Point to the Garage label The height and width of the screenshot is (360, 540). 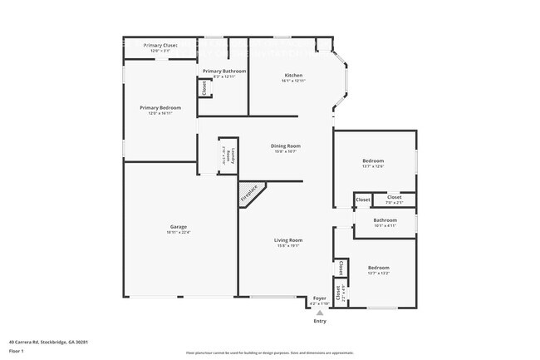coord(178,227)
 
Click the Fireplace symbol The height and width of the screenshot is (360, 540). coord(249,194)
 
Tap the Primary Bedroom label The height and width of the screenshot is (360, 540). coord(160,108)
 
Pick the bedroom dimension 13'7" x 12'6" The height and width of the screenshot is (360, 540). coord(372,166)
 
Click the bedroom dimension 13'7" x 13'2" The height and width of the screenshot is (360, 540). coord(378,273)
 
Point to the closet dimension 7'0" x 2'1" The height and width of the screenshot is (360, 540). coord(394,202)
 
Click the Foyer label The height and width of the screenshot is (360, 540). coord(319,298)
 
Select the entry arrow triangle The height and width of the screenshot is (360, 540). coord(319,312)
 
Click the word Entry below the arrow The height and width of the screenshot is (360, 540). coord(319,321)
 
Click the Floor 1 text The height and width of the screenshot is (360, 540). coord(15,349)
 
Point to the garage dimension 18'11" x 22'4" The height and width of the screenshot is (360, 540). coord(178,233)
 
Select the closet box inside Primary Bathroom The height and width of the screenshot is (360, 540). coord(203,87)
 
